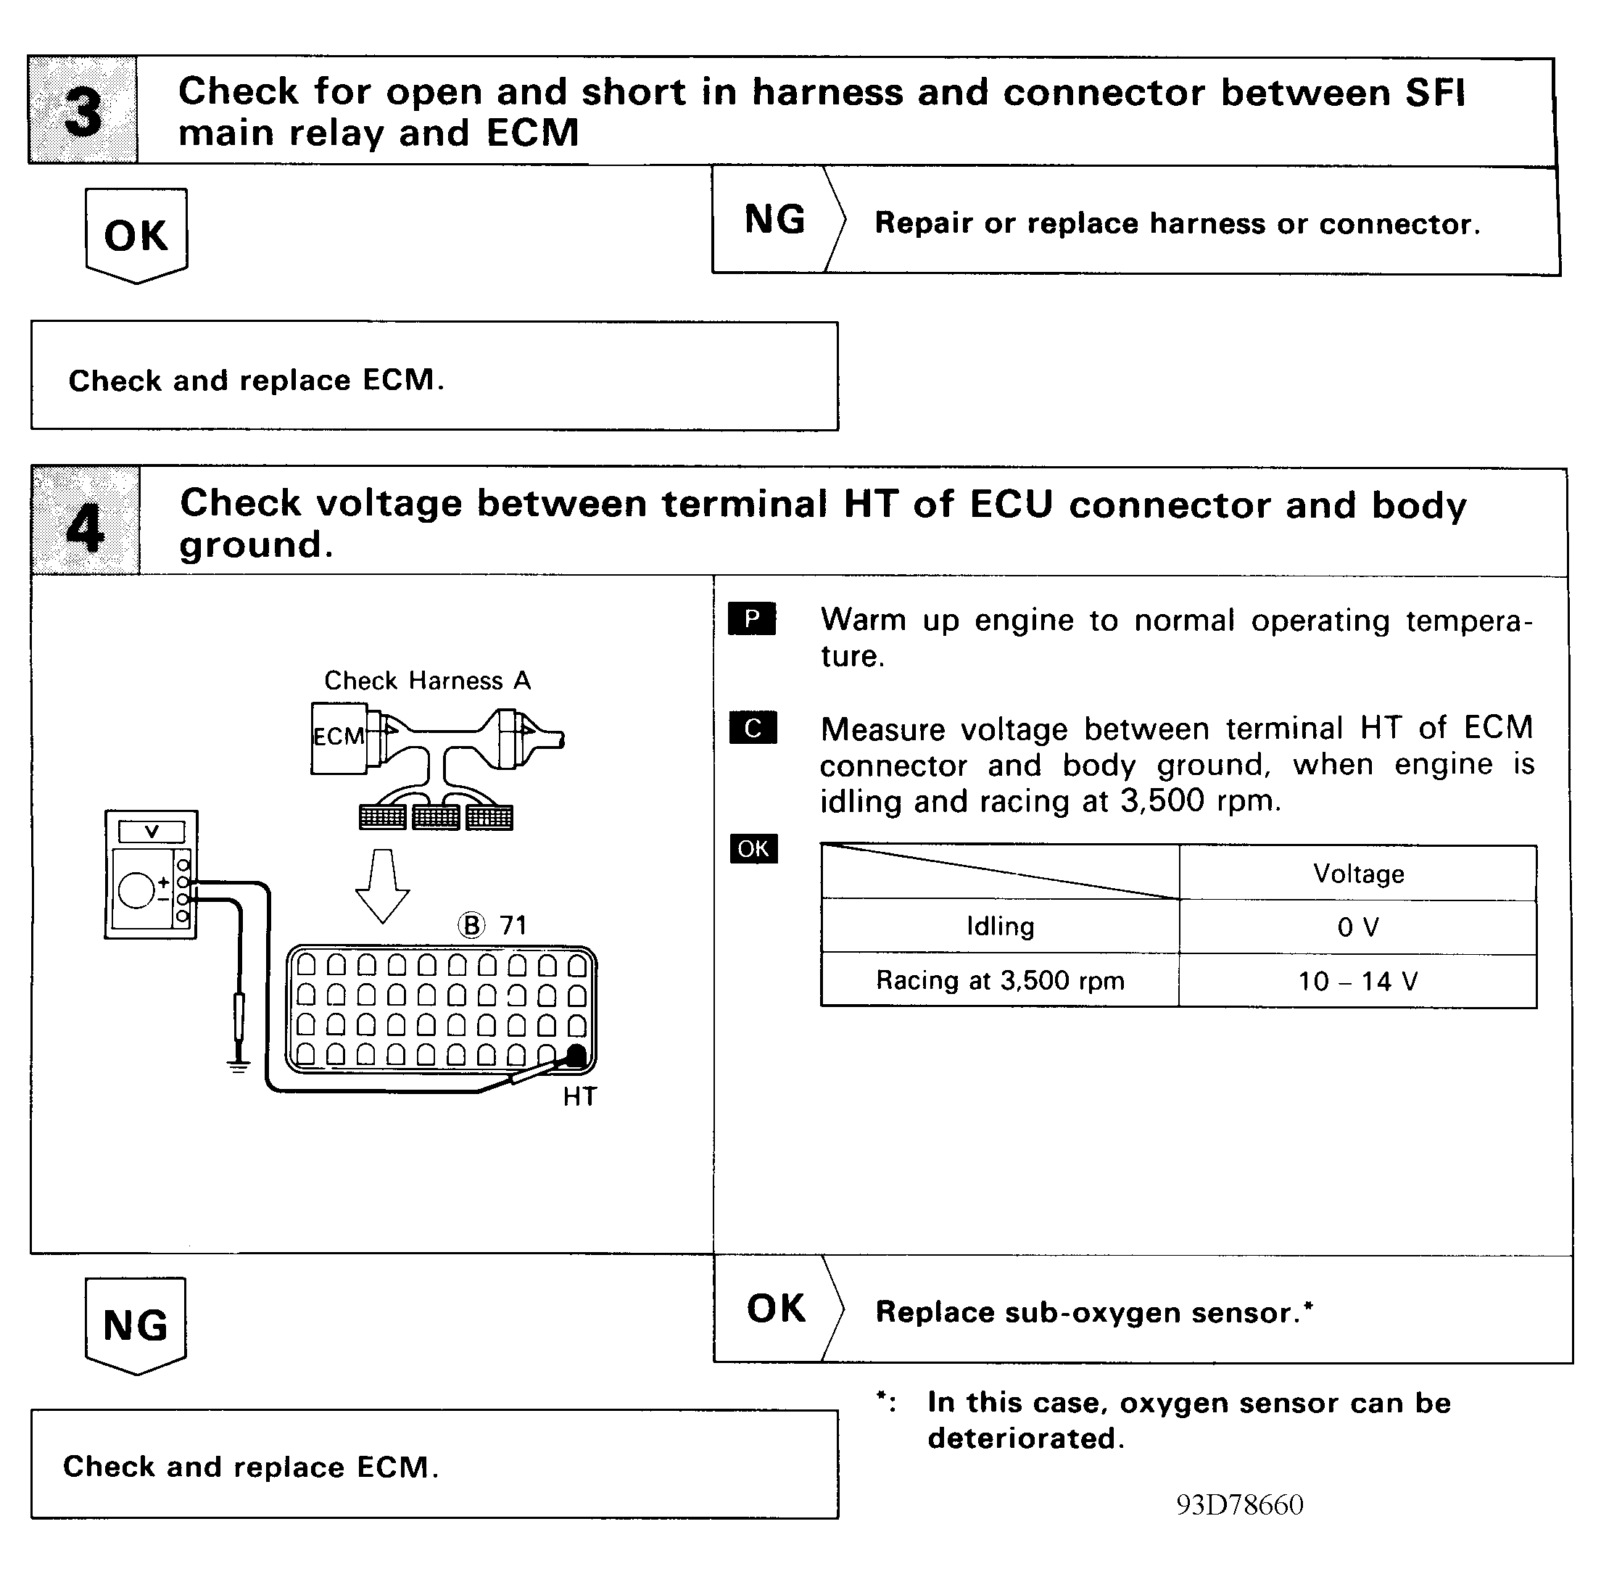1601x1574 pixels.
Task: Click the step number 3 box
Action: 83,110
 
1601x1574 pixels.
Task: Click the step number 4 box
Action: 85,521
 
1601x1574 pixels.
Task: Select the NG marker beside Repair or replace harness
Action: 775,220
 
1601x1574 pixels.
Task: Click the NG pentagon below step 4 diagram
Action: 136,1325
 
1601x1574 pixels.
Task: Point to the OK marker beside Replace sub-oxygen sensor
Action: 776,1309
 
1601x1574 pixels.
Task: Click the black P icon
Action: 752,618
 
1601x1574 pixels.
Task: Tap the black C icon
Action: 753,727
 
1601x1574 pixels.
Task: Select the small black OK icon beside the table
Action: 753,848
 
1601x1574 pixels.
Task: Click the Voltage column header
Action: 1358,874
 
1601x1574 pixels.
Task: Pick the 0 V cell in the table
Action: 1358,927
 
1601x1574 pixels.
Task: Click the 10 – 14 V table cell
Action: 1358,981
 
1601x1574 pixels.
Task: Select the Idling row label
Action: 1000,926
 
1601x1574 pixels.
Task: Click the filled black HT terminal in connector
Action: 576,1056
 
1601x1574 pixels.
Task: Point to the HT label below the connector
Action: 579,1097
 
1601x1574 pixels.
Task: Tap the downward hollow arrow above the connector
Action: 382,885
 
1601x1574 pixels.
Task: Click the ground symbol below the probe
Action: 238,1067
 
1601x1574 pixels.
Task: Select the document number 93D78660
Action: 1240,1504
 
